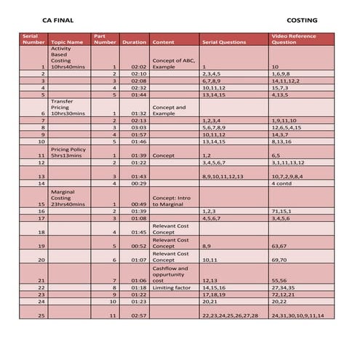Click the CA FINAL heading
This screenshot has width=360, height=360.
[x=57, y=20]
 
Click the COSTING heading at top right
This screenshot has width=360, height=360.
[x=302, y=20]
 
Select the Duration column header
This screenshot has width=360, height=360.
[x=135, y=42]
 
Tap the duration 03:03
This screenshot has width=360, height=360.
[x=139, y=127]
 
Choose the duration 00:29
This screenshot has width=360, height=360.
[x=139, y=184]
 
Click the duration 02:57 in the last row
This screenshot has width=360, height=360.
[x=139, y=316]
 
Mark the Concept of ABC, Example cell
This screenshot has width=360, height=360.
[x=172, y=63]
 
